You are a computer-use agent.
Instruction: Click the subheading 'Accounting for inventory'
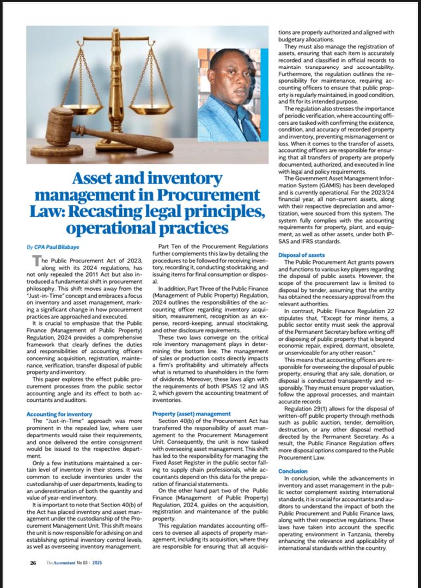59,414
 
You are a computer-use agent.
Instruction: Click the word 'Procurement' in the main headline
210,194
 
